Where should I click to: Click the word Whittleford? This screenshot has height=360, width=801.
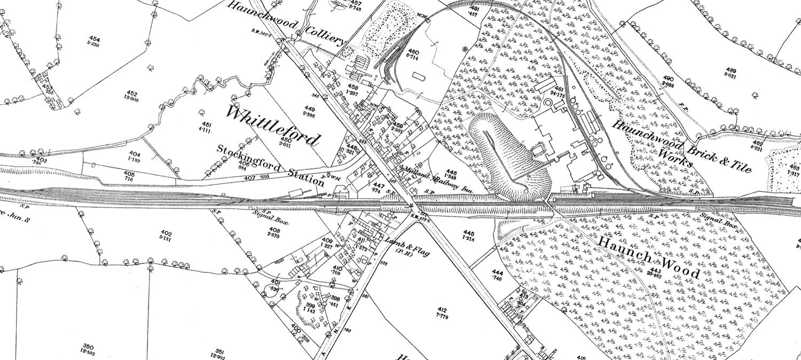click(x=274, y=126)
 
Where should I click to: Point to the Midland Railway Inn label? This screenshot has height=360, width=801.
click(x=438, y=178)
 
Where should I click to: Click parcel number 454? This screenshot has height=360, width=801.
click(x=95, y=40)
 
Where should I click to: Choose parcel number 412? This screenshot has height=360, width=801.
click(x=442, y=310)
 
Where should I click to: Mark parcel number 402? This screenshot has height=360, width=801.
click(x=166, y=233)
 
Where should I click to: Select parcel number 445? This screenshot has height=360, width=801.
click(x=469, y=233)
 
